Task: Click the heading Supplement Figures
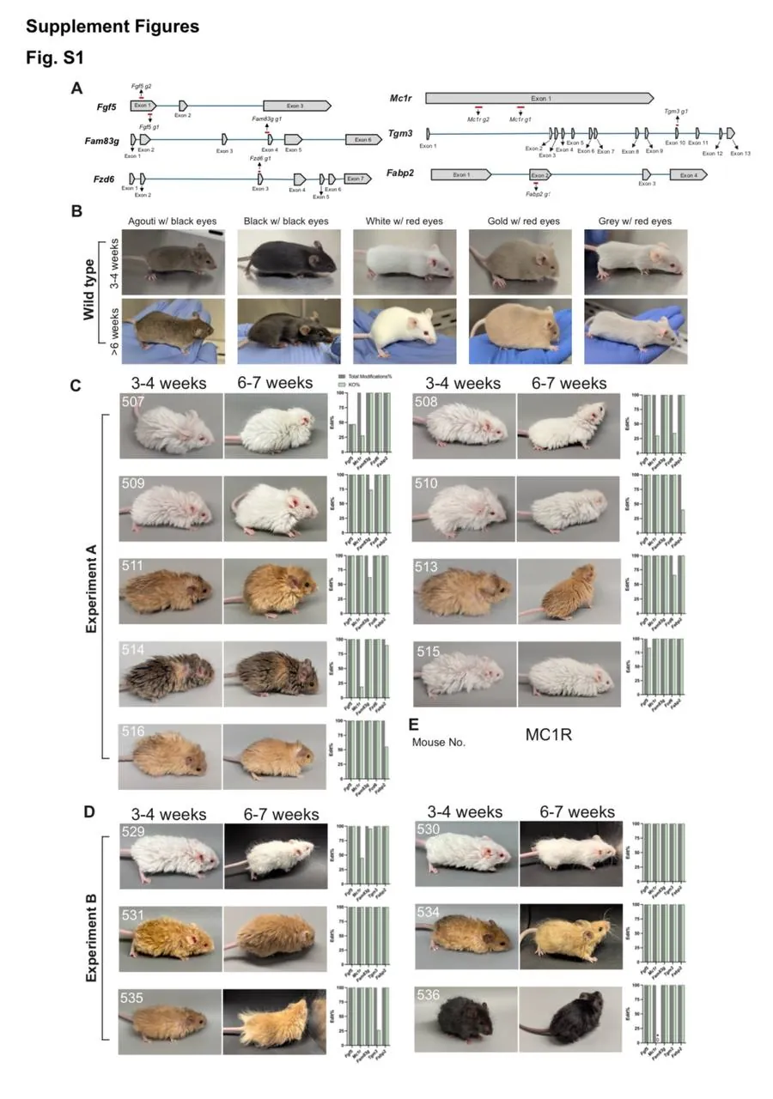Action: pyautogui.click(x=113, y=27)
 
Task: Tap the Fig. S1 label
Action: pyautogui.click(x=54, y=58)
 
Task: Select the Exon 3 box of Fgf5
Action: pyautogui.click(x=295, y=106)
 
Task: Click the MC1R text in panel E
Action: pyautogui.click(x=549, y=735)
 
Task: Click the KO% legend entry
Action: pyautogui.click(x=352, y=385)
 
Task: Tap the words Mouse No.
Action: pyautogui.click(x=439, y=741)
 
